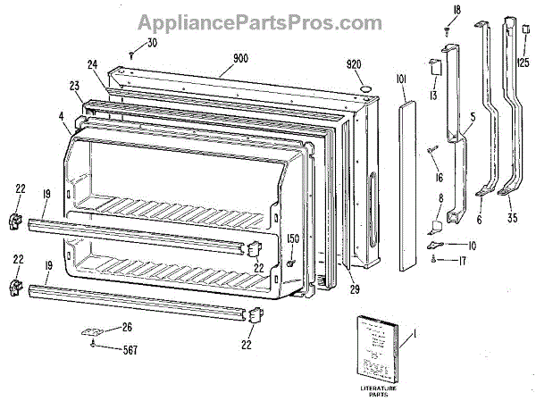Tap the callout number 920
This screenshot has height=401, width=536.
[355, 64]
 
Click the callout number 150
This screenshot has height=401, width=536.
[293, 239]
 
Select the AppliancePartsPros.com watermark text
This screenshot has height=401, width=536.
[268, 19]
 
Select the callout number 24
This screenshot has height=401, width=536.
[93, 63]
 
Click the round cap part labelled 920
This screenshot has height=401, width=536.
[366, 88]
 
